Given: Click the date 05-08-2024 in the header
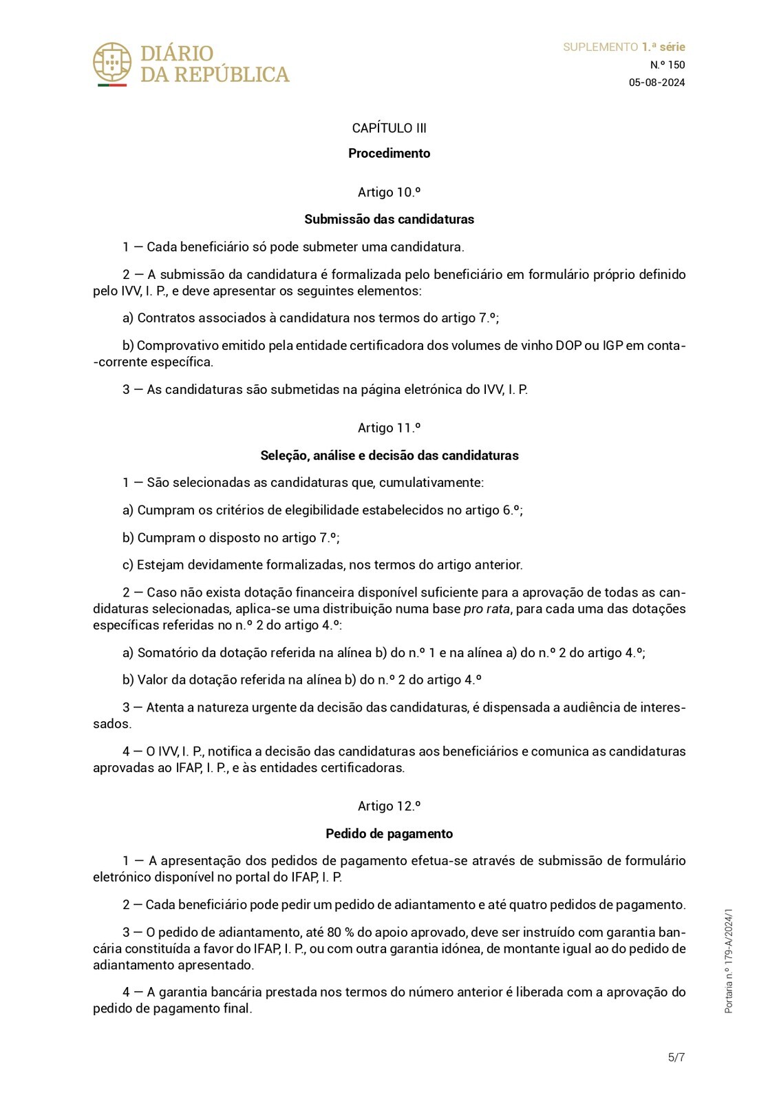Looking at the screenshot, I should [657, 83].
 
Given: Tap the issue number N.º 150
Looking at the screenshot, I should [668, 65].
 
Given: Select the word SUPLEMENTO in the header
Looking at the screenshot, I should [600, 47].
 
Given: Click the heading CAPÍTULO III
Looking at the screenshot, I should [389, 128].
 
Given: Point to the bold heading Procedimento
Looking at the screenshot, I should [389, 154].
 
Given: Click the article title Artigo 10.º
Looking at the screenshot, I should [389, 192].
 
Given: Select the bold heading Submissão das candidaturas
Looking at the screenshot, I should [389, 220].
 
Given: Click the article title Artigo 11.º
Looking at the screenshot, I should [389, 428].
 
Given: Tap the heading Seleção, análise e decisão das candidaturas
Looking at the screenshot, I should [389, 455].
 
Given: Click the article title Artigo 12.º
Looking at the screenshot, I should [389, 806].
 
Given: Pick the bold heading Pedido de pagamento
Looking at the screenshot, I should [389, 833].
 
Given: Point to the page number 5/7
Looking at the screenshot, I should [676, 1057].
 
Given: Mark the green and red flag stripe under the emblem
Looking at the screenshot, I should [111, 85].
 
